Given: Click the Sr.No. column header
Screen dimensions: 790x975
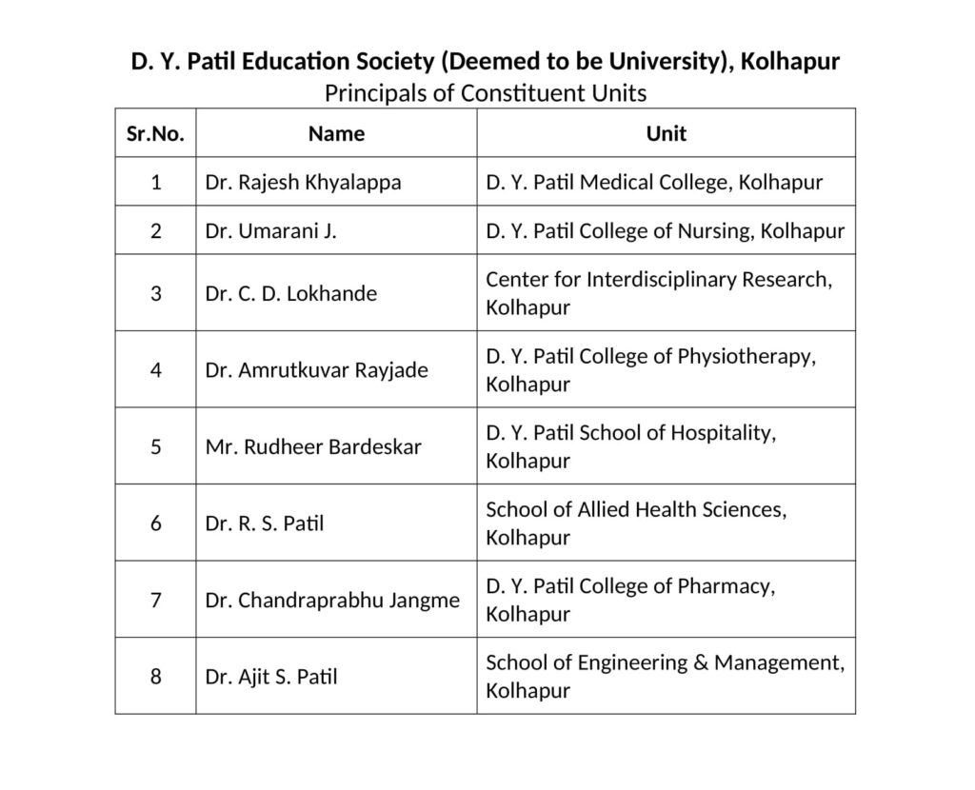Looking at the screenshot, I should click(155, 133).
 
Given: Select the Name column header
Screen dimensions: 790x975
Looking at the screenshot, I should click(336, 133).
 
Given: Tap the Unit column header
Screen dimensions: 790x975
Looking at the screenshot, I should click(666, 133).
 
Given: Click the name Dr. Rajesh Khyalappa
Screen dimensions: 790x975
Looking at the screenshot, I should click(303, 182).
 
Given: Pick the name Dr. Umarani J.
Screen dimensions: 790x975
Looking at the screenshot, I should click(270, 230).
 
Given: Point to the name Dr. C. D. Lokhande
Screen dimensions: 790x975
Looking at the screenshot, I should click(290, 293).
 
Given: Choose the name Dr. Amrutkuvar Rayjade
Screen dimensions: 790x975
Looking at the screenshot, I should click(316, 369).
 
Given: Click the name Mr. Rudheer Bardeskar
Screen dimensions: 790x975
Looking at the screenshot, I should click(313, 446).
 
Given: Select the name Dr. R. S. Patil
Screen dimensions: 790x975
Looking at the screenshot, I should click(264, 523).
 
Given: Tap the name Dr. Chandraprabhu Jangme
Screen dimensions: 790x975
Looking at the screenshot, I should click(332, 600).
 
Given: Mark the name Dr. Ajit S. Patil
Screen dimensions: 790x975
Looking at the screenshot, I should click(271, 677).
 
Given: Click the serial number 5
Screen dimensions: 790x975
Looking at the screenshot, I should click(155, 446).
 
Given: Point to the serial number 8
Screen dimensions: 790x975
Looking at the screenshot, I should click(155, 677).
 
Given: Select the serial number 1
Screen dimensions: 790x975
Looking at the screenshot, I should click(155, 182).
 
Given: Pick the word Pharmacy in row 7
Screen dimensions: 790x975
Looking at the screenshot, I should click(726, 586).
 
